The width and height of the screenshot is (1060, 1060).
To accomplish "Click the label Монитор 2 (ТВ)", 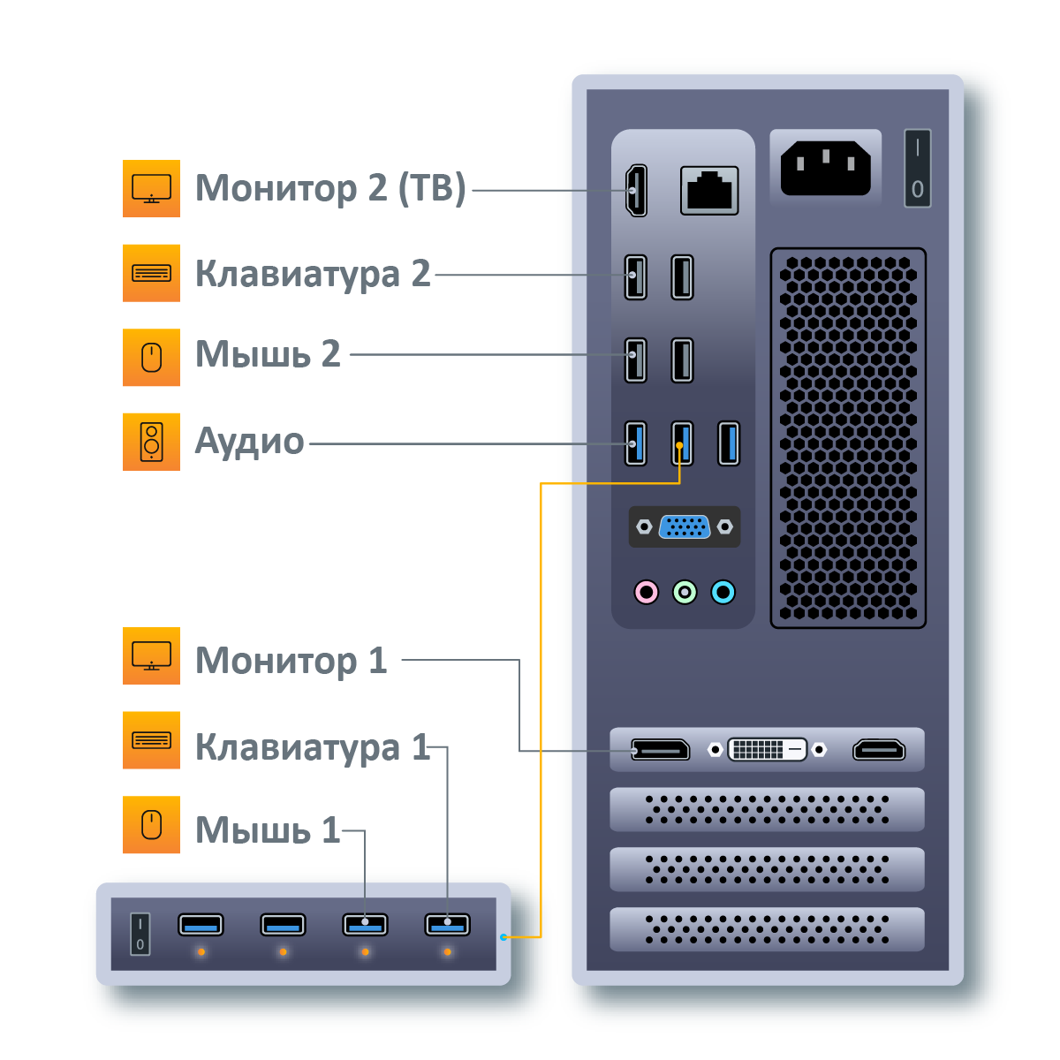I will click(x=329, y=188).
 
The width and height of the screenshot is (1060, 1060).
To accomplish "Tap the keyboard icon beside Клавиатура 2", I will click(x=151, y=273).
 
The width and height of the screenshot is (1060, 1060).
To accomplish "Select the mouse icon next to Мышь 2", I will click(x=151, y=358).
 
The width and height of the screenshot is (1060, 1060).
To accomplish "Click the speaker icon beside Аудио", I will click(x=151, y=442).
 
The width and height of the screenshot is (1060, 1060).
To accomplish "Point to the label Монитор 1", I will click(x=291, y=660).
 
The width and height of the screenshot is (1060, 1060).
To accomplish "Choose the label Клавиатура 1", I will click(x=311, y=746).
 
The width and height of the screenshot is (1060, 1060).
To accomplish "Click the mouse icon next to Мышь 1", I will click(x=151, y=825).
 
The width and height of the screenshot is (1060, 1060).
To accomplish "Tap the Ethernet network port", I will click(x=709, y=190).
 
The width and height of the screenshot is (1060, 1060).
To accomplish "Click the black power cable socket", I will click(x=825, y=168).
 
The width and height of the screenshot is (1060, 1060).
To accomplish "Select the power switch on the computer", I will click(x=917, y=169).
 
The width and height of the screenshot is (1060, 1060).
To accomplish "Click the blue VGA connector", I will click(x=685, y=526).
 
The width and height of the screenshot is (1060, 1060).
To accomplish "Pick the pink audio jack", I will click(x=647, y=592).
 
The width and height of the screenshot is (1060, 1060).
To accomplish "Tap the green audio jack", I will click(x=685, y=592).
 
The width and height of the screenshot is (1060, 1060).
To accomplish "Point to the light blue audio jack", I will click(x=723, y=592).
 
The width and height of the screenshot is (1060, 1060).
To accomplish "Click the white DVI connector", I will click(x=767, y=750).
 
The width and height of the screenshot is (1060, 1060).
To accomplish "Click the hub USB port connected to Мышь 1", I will click(x=365, y=925).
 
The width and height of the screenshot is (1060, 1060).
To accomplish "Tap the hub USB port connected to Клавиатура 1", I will click(x=447, y=925).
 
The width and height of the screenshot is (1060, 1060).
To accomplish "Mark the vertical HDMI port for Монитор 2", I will click(x=636, y=191).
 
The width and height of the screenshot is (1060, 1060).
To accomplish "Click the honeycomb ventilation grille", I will click(x=848, y=438).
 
